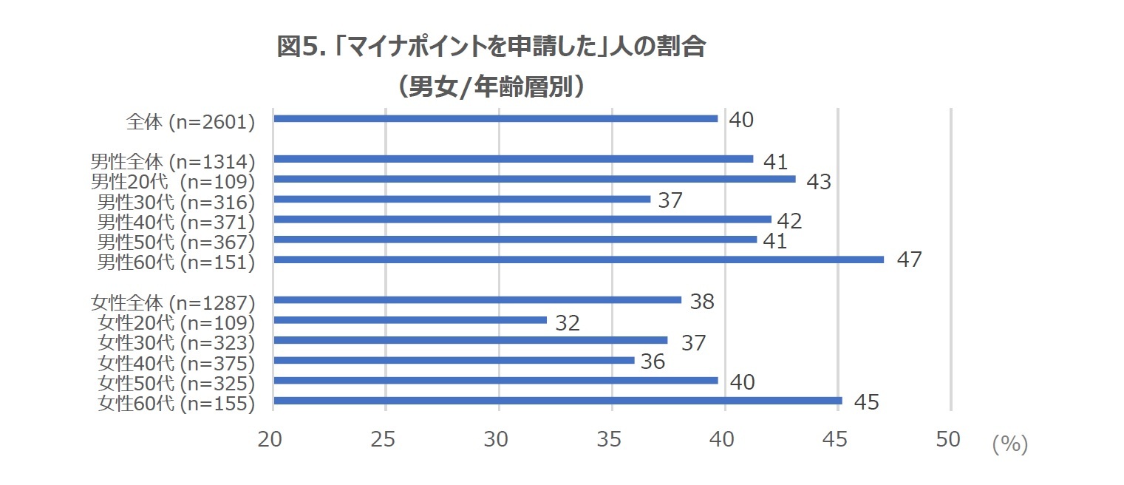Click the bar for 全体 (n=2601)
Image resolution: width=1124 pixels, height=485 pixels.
(x=495, y=118)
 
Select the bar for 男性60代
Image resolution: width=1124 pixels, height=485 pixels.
(x=579, y=260)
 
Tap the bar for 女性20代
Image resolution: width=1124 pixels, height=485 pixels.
(x=410, y=320)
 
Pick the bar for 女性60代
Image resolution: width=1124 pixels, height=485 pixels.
(x=558, y=401)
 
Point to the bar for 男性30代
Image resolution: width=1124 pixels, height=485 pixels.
(x=462, y=199)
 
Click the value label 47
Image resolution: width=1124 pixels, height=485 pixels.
(x=909, y=260)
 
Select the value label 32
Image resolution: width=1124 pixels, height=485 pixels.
(x=567, y=322)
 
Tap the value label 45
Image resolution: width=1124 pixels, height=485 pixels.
(x=866, y=402)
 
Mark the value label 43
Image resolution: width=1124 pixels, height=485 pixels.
(x=819, y=181)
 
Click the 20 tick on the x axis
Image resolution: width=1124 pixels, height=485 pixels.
(x=273, y=439)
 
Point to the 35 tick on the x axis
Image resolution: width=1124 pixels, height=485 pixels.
(x=612, y=439)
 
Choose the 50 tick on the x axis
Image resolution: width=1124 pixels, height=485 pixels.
(x=948, y=439)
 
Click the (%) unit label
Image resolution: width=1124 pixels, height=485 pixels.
(x=1009, y=444)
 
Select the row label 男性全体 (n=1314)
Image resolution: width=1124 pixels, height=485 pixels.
(x=173, y=162)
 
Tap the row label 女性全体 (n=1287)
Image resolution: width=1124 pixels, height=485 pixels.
(x=173, y=303)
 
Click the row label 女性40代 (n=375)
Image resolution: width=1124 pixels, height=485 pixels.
(x=177, y=364)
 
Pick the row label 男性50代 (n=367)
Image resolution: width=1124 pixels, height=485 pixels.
(x=177, y=243)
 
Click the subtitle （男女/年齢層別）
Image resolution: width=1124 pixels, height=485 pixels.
(x=491, y=87)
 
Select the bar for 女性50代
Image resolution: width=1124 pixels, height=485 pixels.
(x=495, y=380)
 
